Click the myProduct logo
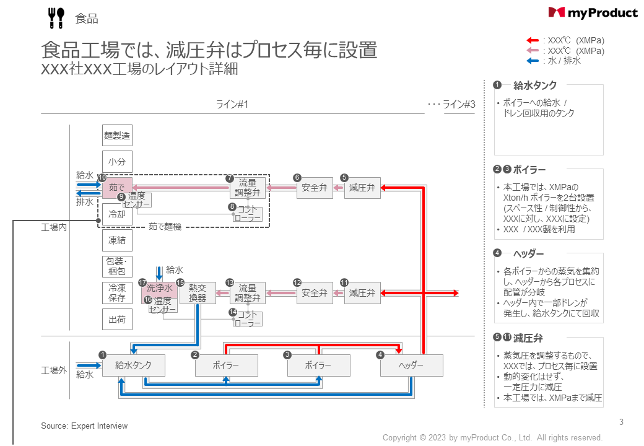click(593, 12)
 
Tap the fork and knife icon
click(56, 18)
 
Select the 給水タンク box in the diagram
click(133, 365)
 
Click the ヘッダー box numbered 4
click(412, 365)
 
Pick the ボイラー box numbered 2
click(226, 365)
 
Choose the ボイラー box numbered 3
click(318, 365)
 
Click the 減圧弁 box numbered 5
click(362, 188)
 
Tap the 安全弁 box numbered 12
click(314, 293)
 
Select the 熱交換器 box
click(198, 293)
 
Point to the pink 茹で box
click(117, 186)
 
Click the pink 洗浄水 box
click(159, 289)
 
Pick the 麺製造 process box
click(117, 135)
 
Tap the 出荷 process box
click(117, 320)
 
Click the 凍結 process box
click(117, 240)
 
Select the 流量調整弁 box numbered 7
click(248, 188)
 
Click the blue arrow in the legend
click(533, 61)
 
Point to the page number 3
click(621, 422)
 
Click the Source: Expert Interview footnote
click(84, 426)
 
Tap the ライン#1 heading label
click(232, 104)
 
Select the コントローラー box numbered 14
click(248, 319)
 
